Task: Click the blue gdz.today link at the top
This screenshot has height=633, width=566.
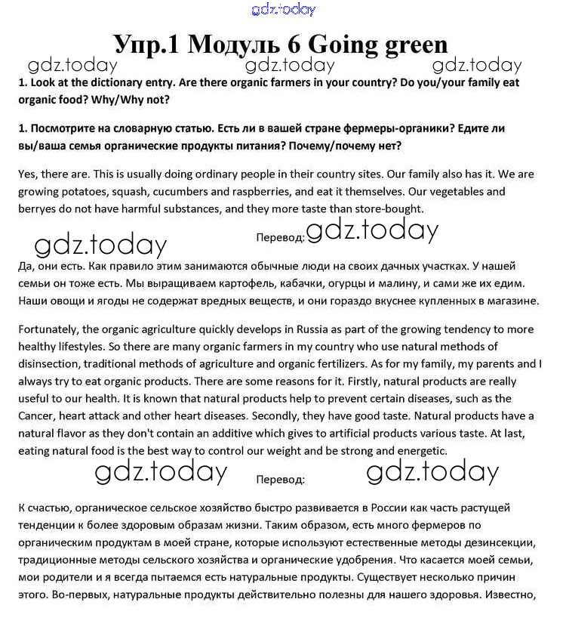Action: pos(283,10)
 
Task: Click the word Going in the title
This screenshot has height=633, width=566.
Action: pos(341,43)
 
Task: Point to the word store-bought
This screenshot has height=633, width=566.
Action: pos(387,208)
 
